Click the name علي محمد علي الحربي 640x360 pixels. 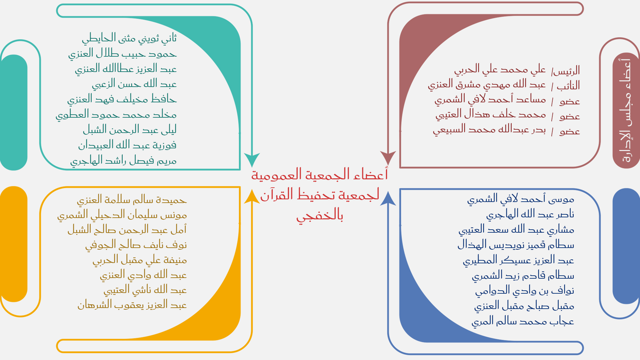tap(500, 70)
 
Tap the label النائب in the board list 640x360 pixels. tap(568, 86)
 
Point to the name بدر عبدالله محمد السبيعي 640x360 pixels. tap(489, 129)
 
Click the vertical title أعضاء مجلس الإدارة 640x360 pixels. tap(626, 110)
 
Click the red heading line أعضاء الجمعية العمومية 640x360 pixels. tap(320, 175)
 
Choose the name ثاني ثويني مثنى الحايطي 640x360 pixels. tap(129, 38)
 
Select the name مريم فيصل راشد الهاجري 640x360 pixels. tap(123, 161)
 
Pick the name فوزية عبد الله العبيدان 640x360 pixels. tap(127, 145)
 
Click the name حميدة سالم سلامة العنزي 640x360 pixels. tap(132, 200)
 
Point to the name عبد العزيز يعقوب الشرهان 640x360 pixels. tap(132, 305)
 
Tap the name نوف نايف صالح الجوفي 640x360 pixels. tap(136, 245)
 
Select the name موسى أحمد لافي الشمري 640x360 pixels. tap(521, 199)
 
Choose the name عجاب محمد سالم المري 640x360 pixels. tap(523, 321)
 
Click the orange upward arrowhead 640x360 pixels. tap(252, 197)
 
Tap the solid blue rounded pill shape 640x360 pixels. tap(626, 246)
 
